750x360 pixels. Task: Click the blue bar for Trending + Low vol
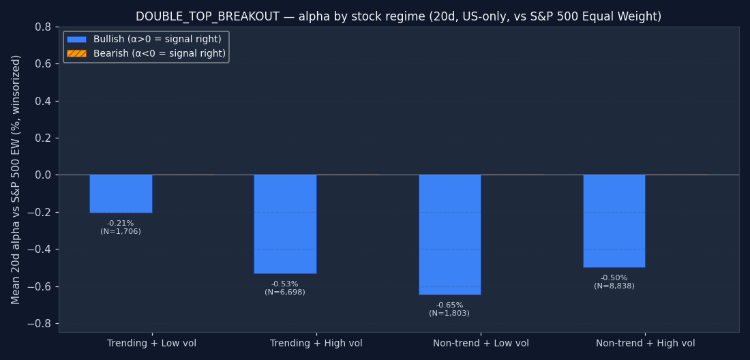point(121,194)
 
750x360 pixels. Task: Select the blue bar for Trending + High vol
point(285,224)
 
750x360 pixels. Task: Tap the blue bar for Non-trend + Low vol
point(449,235)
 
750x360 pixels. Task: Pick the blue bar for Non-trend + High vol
point(614,222)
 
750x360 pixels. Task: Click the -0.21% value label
point(121,223)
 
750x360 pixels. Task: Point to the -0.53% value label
point(284,284)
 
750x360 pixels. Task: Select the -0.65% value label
point(449,305)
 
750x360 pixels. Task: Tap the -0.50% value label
point(614,277)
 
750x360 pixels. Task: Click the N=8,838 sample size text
point(614,286)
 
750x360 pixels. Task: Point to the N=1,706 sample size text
point(121,231)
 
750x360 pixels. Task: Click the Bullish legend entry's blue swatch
point(77,40)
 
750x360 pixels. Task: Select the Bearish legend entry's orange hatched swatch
point(77,54)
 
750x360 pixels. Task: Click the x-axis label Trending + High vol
point(316,343)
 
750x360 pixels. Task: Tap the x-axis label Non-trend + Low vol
point(481,343)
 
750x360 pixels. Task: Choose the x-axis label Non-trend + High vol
point(645,343)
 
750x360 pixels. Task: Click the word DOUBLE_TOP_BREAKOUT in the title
point(207,16)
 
